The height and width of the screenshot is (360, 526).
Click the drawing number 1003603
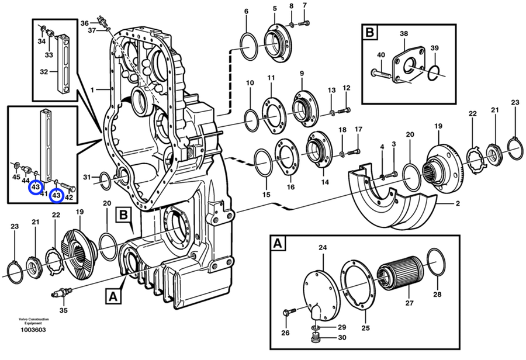tap(33, 330)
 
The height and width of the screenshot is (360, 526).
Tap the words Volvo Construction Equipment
tap(33, 321)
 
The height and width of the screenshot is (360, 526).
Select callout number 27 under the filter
tap(409, 303)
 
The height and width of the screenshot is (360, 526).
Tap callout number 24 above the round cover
tap(323, 248)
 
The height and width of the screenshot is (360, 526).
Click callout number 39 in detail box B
tap(434, 48)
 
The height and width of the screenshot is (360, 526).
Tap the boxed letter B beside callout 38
tap(370, 33)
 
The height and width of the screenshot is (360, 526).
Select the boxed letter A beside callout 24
tap(277, 243)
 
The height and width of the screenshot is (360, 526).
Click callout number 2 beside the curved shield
tap(458, 203)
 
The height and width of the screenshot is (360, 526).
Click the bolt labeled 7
tap(303, 23)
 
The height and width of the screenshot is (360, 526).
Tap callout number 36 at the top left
tap(85, 23)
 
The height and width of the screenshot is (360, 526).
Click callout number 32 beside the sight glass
tap(44, 71)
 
